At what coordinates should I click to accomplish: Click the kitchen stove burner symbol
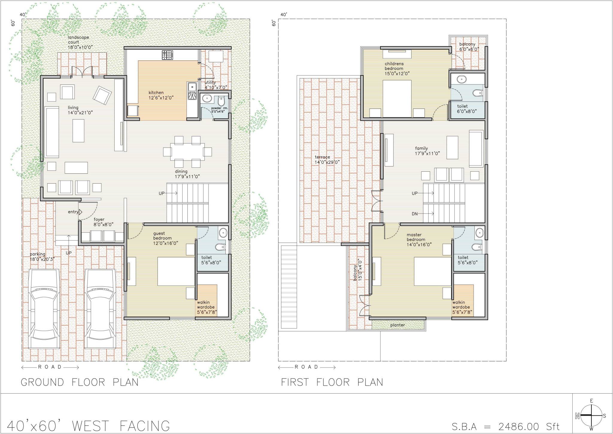pyautogui.click(x=168, y=55)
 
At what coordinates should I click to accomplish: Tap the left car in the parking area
pyautogui.click(x=44, y=309)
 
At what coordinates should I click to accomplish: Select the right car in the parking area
pyautogui.click(x=100, y=309)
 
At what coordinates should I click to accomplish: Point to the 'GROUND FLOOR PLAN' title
pyautogui.click(x=80, y=382)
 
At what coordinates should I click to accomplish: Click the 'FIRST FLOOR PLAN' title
pyautogui.click(x=332, y=382)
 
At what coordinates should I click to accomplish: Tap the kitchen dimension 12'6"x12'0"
pyautogui.click(x=161, y=98)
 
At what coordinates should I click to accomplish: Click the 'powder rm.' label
pyautogui.click(x=220, y=108)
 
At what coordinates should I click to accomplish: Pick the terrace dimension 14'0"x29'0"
pyautogui.click(x=327, y=162)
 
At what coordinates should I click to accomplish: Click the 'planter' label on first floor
pyautogui.click(x=397, y=325)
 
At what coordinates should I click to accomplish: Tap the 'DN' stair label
pyautogui.click(x=415, y=214)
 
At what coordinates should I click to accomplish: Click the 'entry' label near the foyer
pyautogui.click(x=73, y=212)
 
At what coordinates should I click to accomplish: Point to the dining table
pyautogui.click(x=187, y=152)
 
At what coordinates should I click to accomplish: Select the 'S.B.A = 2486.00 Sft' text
pyautogui.click(x=505, y=426)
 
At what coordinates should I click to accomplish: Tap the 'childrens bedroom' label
pyautogui.click(x=394, y=66)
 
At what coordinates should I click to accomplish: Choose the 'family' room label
pyautogui.click(x=421, y=148)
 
